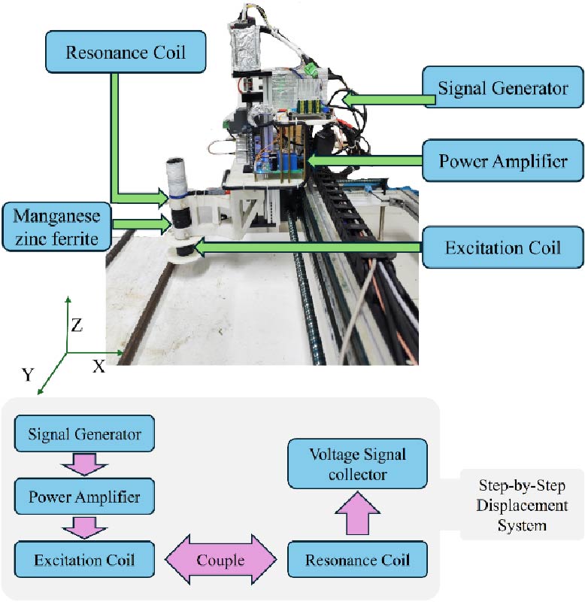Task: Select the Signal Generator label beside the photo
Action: click(x=503, y=89)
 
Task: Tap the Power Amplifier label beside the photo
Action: click(x=503, y=160)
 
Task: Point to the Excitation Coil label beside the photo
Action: click(x=503, y=246)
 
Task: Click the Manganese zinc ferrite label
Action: click(x=56, y=223)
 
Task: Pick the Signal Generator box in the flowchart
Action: click(x=85, y=435)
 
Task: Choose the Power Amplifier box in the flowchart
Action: click(x=85, y=497)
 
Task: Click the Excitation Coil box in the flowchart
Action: click(x=85, y=560)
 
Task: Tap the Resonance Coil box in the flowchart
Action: click(x=358, y=561)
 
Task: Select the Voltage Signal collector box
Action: click(x=358, y=464)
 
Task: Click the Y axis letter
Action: click(x=28, y=374)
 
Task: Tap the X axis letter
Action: click(x=98, y=366)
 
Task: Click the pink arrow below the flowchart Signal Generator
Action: click(x=85, y=467)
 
